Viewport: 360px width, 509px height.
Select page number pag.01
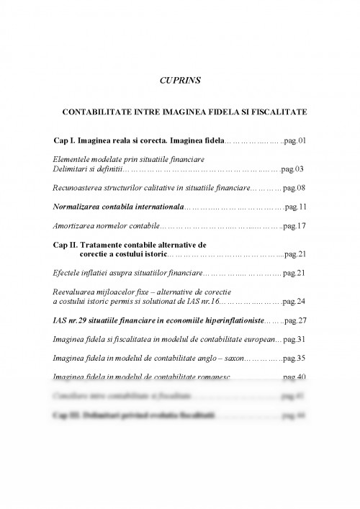294,140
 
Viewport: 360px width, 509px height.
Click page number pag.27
295,320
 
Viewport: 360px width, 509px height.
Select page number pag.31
295,338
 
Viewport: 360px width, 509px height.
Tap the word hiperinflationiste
231,320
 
